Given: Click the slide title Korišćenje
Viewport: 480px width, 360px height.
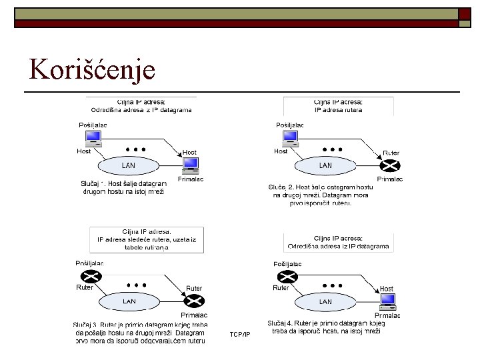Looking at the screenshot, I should pos(93,70).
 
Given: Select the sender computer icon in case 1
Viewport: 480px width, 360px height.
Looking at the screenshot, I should pos(93,137).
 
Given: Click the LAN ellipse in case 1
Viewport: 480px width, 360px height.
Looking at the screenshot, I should pos(129,165).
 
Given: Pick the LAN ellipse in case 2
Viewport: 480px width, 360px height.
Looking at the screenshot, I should pos(325,165).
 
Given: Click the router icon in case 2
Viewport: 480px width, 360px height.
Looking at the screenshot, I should pos(389,166).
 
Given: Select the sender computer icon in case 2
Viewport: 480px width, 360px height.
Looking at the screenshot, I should pos(290,137).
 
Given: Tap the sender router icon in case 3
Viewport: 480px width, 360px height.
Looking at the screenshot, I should pos(88,276).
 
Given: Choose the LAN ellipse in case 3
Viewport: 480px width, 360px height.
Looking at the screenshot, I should pos(129,301).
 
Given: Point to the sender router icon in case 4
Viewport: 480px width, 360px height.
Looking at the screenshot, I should pos(287,276).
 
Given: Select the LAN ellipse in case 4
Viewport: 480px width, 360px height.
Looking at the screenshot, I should pos(325,301).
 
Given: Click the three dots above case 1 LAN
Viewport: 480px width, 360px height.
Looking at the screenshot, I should pos(136,149).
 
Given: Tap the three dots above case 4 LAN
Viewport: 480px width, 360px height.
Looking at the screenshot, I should pos(332,285).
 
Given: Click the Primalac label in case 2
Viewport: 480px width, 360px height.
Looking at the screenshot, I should pos(389,179).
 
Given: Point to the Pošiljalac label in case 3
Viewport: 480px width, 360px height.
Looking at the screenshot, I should pos(89,263).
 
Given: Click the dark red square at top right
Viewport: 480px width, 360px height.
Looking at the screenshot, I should pos(464,13).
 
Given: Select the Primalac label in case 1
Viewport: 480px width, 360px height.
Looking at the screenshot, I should pos(191,179).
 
